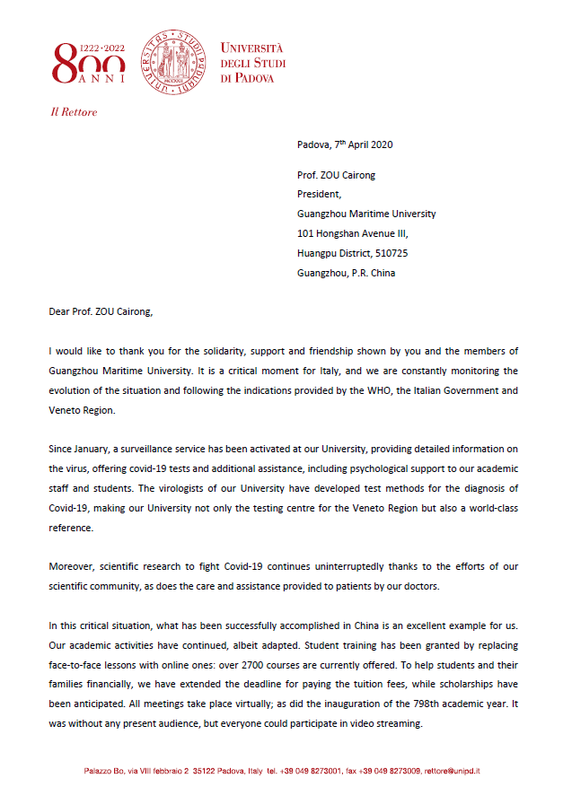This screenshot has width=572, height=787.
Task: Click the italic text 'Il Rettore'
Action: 74,113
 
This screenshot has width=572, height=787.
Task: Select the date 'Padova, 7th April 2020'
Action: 345,144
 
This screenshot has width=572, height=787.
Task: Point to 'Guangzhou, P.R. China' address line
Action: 346,273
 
